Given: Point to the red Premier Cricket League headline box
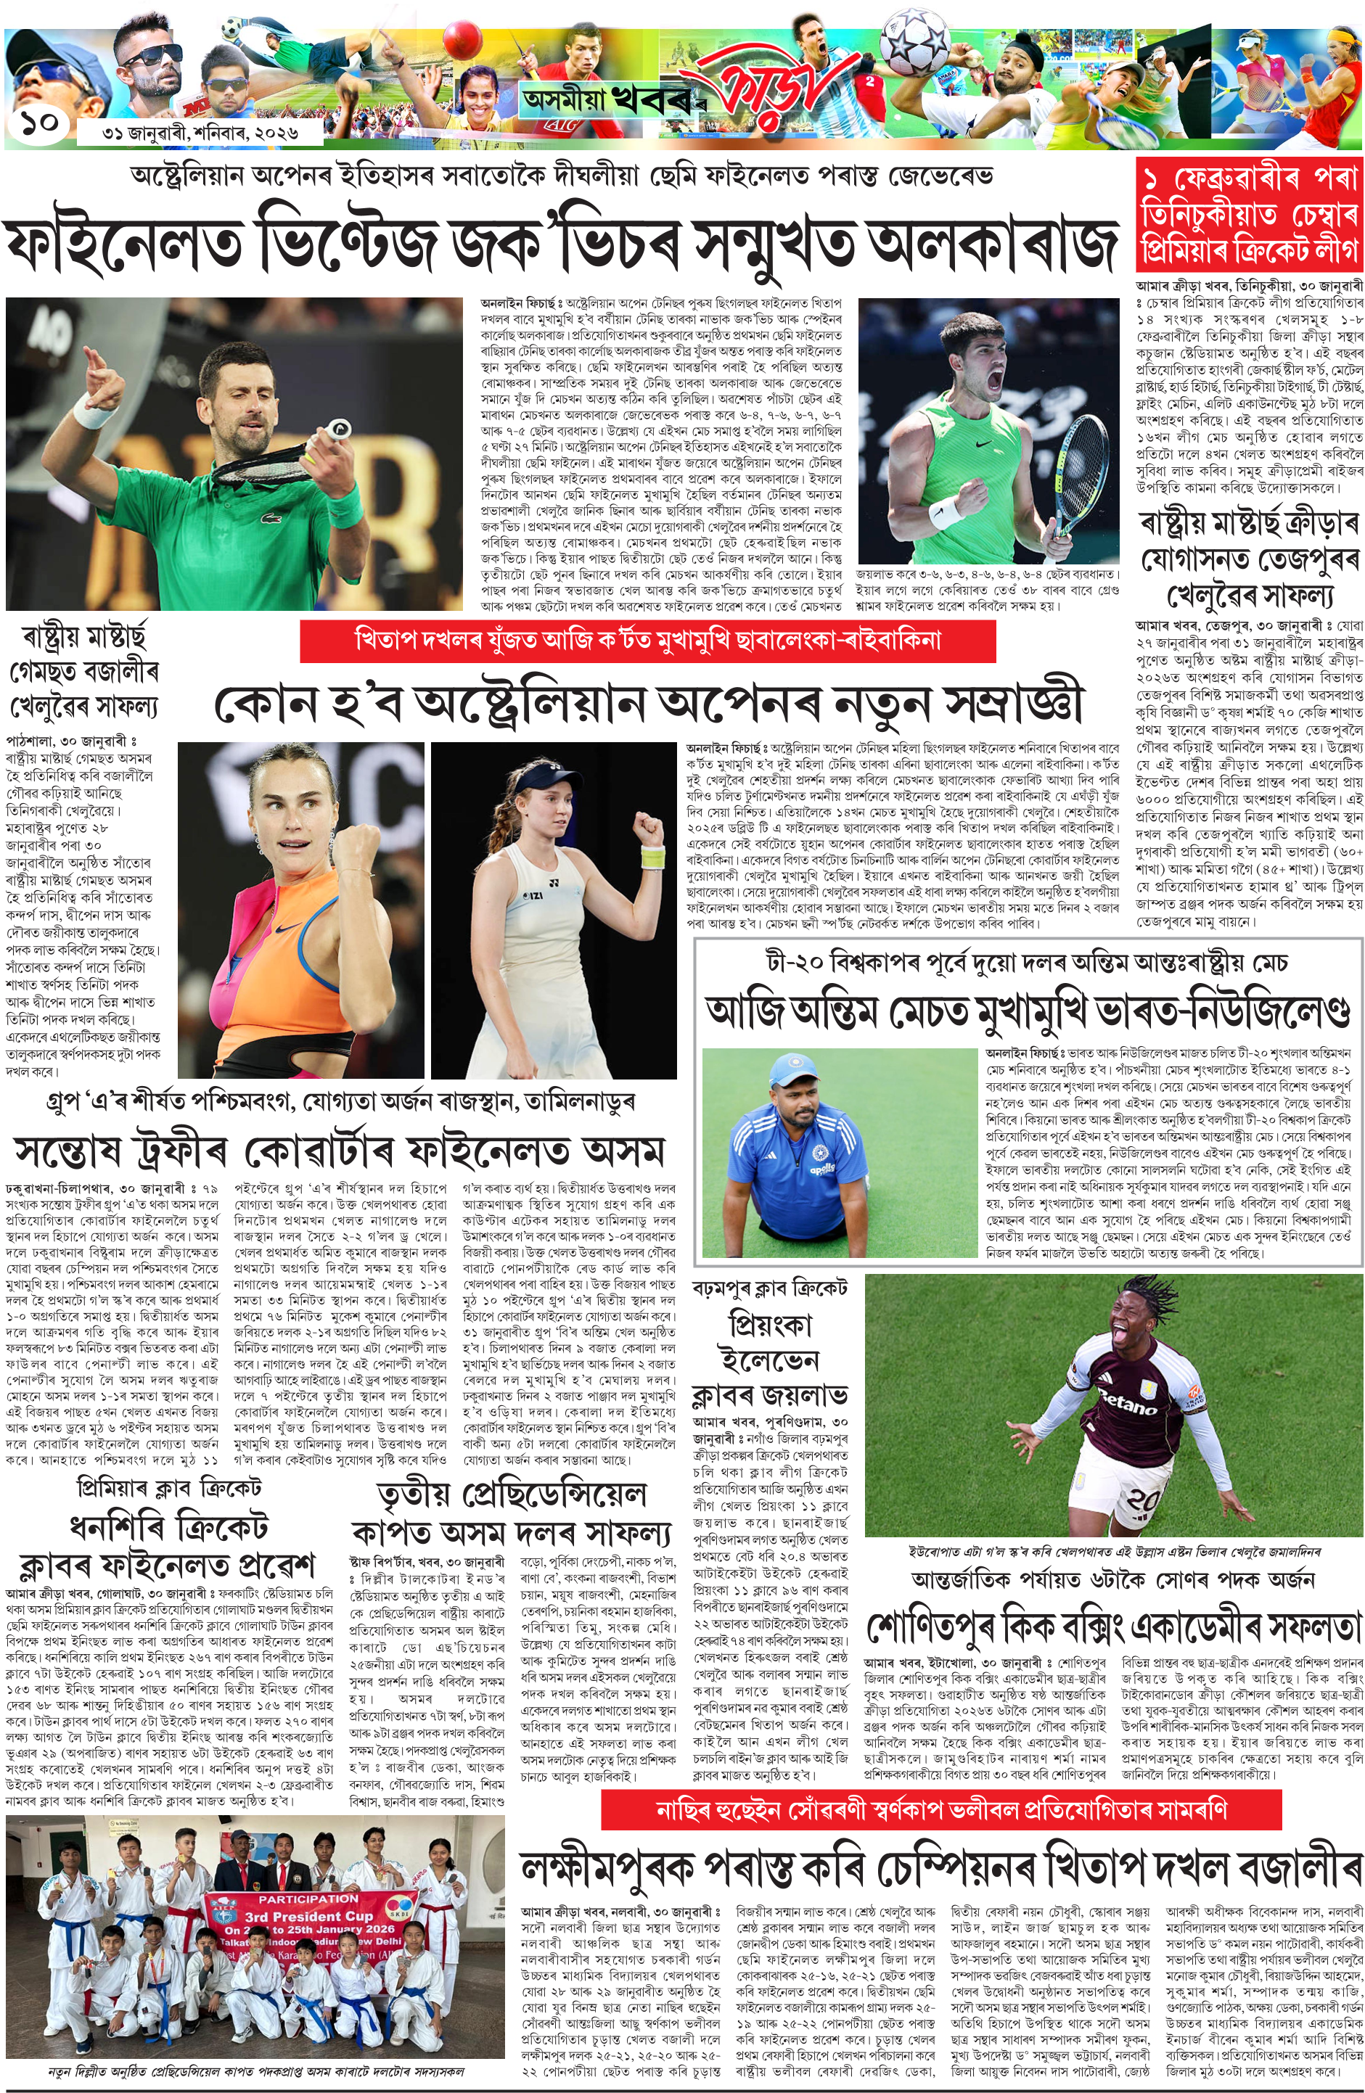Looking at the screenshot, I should click(x=1248, y=215).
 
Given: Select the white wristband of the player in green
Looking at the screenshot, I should click(x=92, y=410).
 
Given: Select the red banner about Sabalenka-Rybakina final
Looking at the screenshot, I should click(x=647, y=640).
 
